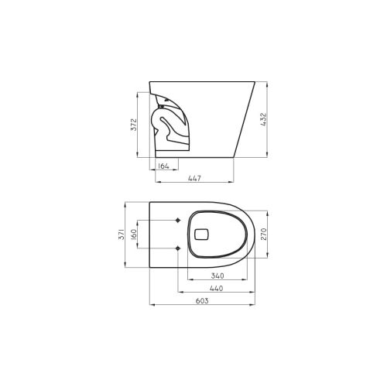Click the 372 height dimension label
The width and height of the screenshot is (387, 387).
coord(133,125)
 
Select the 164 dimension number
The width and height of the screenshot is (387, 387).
coord(163,166)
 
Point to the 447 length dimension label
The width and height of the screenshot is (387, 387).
coord(194,179)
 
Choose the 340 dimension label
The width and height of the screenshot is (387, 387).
coord(217,276)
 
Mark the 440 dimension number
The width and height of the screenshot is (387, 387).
coord(217,289)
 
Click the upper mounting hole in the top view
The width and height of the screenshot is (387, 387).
coord(180,221)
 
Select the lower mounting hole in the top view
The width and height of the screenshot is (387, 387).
coord(180,248)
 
